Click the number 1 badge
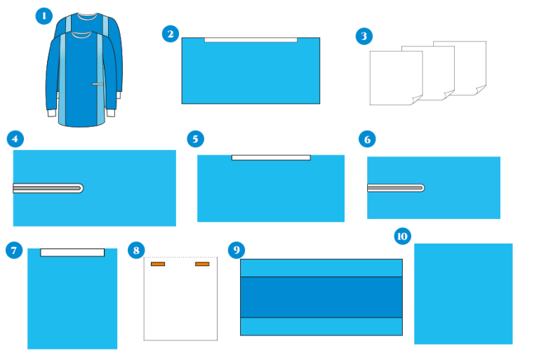point(44,16)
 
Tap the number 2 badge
point(171,34)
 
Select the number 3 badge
point(364,36)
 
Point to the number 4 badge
point(15,139)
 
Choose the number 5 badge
point(196,139)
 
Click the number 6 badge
point(367,139)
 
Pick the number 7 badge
point(14,250)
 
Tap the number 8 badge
point(136,250)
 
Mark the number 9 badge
point(237,250)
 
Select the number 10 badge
point(403,236)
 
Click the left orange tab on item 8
point(158,264)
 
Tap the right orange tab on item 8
point(202,264)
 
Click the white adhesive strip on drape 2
point(251,40)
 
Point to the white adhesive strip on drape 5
point(271,157)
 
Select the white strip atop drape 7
point(72,253)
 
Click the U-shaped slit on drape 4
point(48,188)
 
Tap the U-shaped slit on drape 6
point(396,188)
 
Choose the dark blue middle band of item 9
point(321,297)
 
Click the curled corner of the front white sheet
point(417,100)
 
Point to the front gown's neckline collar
point(81,34)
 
